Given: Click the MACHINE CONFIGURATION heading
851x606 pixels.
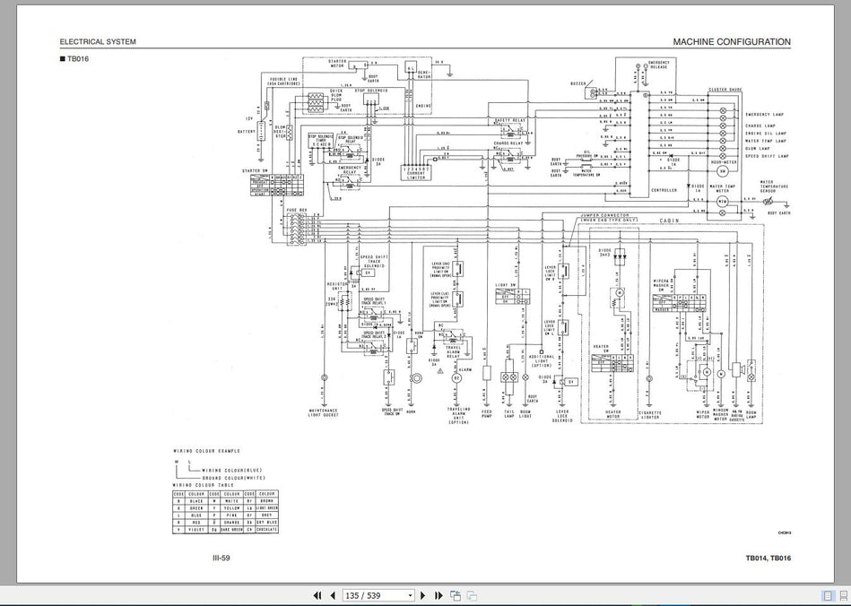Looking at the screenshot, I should tap(732, 41).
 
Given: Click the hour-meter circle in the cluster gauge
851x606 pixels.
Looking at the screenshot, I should tap(722, 170).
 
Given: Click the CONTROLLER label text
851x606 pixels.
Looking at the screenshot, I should tap(664, 190).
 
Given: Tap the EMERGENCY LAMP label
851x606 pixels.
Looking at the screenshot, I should tap(764, 115).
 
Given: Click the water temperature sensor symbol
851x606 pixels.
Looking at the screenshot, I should tap(769, 203).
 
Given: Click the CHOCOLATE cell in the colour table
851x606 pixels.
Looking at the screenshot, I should tap(267, 530).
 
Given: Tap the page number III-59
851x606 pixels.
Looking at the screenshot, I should tap(221, 558).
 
